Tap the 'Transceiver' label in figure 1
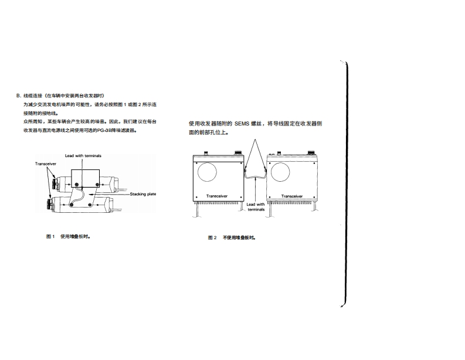pyautogui.click(x=45, y=164)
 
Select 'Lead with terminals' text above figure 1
pyautogui.click(x=83, y=157)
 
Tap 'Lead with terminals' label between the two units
pyautogui.click(x=256, y=206)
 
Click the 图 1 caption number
pyautogui.click(x=50, y=237)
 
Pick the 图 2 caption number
pyautogui.click(x=212, y=237)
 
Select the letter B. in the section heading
pyautogui.click(x=19, y=96)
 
